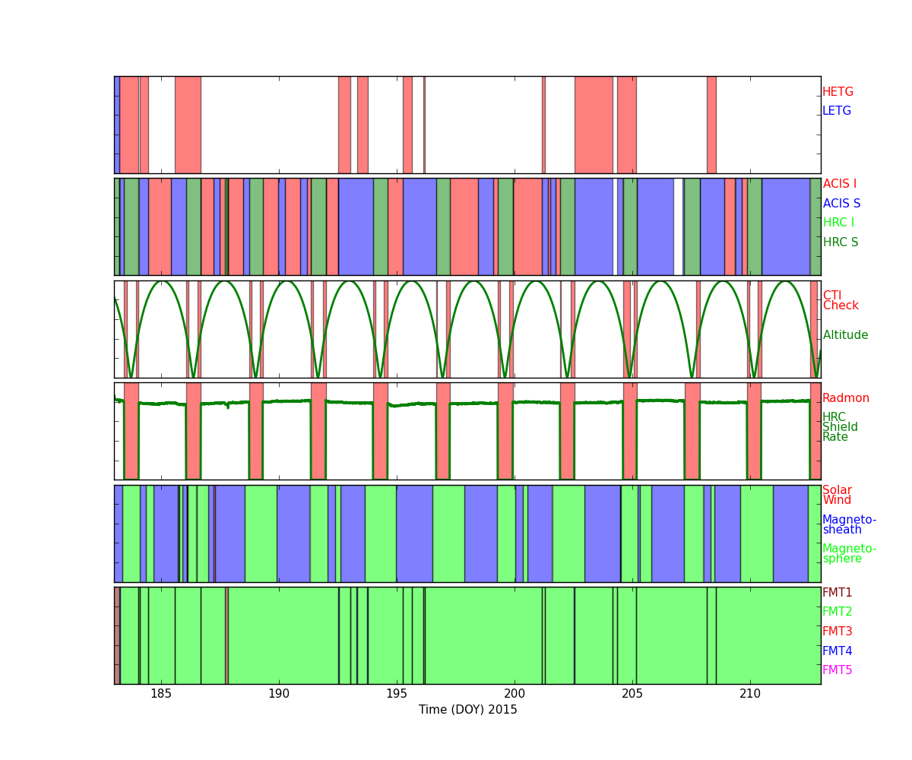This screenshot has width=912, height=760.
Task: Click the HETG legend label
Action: pyautogui.click(x=838, y=92)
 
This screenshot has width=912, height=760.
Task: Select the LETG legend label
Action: pyautogui.click(x=837, y=110)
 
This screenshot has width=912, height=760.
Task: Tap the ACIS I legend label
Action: pyautogui.click(x=840, y=183)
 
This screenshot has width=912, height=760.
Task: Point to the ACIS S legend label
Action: pyautogui.click(x=841, y=203)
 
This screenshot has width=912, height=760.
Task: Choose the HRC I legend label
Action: pyautogui.click(x=838, y=223)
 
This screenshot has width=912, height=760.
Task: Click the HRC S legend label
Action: pyautogui.click(x=841, y=242)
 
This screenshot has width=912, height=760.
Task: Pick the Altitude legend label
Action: pyautogui.click(x=845, y=335)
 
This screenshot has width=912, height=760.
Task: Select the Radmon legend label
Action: pyautogui.click(x=846, y=398)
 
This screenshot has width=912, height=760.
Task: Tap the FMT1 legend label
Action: pyautogui.click(x=837, y=592)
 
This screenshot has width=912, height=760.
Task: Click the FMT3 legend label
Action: pyautogui.click(x=837, y=631)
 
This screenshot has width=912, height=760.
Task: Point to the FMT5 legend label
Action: pyautogui.click(x=837, y=670)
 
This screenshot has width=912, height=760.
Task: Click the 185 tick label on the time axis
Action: pyautogui.click(x=161, y=694)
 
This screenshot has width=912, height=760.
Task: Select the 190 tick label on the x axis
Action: pyautogui.click(x=279, y=694)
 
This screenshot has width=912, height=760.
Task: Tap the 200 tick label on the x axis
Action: pyautogui.click(x=515, y=694)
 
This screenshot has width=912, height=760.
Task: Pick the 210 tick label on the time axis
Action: pyautogui.click(x=750, y=694)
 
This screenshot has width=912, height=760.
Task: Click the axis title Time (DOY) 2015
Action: pyautogui.click(x=468, y=710)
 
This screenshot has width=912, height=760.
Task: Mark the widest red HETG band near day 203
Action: pyautogui.click(x=594, y=125)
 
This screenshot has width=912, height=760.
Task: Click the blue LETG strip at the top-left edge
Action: pyautogui.click(x=117, y=125)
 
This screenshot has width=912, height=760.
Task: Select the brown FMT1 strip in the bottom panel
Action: pyautogui.click(x=117, y=635)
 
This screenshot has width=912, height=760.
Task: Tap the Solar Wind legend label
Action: pyautogui.click(x=837, y=495)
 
